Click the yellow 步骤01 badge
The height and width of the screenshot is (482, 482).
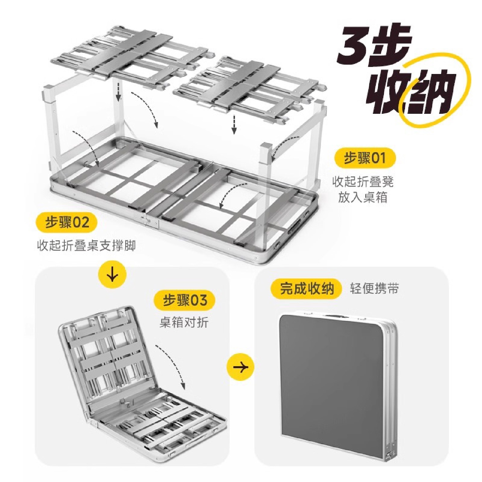point(365,158)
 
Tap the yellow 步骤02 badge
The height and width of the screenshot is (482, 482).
point(67,222)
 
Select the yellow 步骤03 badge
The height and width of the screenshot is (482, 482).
point(185,300)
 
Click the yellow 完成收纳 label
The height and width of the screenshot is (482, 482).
point(307,289)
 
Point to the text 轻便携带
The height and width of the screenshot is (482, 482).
point(374,289)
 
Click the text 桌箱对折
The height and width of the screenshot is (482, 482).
point(184,322)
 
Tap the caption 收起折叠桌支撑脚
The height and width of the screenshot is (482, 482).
point(86,245)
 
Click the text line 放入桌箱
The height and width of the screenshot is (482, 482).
point(363,197)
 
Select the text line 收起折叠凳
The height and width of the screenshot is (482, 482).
point(363,182)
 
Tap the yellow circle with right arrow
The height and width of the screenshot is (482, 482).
point(240,367)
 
